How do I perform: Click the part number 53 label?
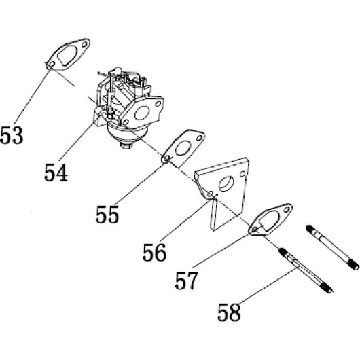click(x=12, y=135)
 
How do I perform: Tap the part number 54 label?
click(x=56, y=173)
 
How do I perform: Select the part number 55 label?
click(x=107, y=215)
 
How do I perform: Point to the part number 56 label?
click(x=154, y=252)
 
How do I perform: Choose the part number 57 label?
click(x=186, y=281)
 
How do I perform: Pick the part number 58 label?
click(x=229, y=312)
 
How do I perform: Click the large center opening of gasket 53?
click(x=67, y=55)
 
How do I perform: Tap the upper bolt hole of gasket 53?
click(x=85, y=44)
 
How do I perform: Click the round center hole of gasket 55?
click(x=183, y=148)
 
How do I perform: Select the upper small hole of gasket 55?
click(x=200, y=138)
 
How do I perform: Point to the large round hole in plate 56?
click(x=226, y=184)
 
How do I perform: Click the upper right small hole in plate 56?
click(x=242, y=174)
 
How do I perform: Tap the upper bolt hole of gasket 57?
click(x=286, y=210)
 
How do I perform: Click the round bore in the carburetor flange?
click(x=142, y=113)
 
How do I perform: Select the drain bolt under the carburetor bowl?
click(x=126, y=145)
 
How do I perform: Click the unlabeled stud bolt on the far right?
click(x=332, y=247)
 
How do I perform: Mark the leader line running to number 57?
click(x=221, y=251)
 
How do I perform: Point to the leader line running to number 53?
click(x=32, y=96)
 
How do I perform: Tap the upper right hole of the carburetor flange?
click(x=158, y=104)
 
